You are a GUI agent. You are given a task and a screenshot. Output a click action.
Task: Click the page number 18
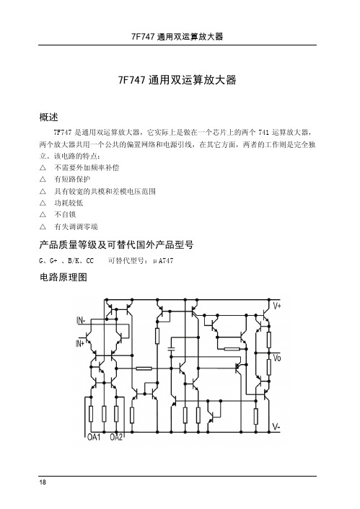click(x=43, y=482)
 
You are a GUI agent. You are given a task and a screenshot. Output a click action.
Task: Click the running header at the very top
click(x=177, y=36)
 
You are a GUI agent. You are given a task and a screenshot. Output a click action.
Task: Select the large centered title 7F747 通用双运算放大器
click(x=177, y=80)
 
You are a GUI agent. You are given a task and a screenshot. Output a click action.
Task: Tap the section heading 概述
click(x=49, y=118)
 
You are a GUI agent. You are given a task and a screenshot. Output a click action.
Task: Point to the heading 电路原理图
click(x=63, y=277)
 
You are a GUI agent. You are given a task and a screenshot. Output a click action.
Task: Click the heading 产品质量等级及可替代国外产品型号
click(x=116, y=244)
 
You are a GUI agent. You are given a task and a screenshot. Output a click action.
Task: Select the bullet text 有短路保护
click(x=72, y=180)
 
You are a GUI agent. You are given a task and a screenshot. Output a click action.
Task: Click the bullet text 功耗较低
click(x=69, y=203)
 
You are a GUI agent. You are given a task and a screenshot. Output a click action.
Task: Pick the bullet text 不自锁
click(x=65, y=215)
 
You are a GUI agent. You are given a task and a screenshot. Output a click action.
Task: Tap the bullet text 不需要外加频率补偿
click(x=87, y=167)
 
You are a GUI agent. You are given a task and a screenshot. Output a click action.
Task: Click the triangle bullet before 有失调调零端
click(x=43, y=226)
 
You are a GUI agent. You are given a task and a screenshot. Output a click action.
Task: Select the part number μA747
click(x=163, y=261)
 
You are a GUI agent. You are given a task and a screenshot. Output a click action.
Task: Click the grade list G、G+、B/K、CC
click(x=66, y=261)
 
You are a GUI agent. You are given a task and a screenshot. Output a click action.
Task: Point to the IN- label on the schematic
click(x=81, y=321)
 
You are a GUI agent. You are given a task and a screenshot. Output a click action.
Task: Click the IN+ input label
click(x=80, y=343)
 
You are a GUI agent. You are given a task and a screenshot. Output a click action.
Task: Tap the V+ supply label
click(x=277, y=306)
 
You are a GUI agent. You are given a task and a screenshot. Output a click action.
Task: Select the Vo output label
click(x=277, y=358)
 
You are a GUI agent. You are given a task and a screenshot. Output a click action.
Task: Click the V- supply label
click(x=276, y=427)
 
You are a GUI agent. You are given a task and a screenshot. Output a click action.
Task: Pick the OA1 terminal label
click(x=94, y=437)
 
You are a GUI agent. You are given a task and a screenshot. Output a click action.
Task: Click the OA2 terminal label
click(x=116, y=437)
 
